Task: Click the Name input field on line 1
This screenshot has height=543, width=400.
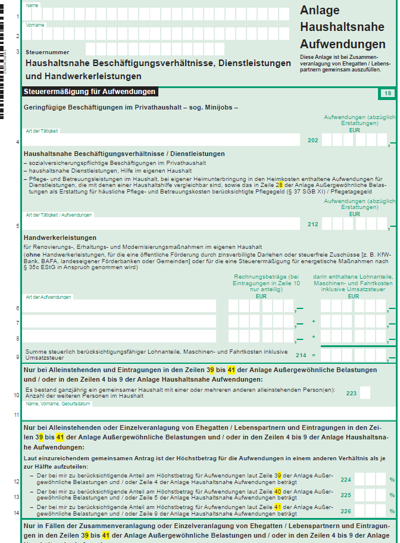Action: coord(161,14)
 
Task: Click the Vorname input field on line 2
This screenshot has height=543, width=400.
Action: coord(161,34)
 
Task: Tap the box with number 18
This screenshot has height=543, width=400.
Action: coord(387,93)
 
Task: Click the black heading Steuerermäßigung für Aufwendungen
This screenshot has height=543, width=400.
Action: coord(90,92)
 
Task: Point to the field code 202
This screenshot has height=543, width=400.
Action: coord(312,141)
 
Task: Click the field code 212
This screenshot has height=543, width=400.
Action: coord(312,224)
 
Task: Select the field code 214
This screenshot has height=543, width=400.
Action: coord(301,355)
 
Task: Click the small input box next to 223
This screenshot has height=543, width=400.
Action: coord(365,393)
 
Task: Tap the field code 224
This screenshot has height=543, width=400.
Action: coord(345,479)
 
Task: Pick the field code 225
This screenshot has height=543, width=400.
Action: coord(345,495)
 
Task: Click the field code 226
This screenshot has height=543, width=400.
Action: coord(345,511)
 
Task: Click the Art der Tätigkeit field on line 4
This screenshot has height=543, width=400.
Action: coord(161,140)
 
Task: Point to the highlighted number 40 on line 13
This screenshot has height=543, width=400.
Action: coord(278,491)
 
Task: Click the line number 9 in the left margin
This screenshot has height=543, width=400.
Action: coord(17,357)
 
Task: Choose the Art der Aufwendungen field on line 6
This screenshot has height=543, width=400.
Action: coord(119,306)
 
